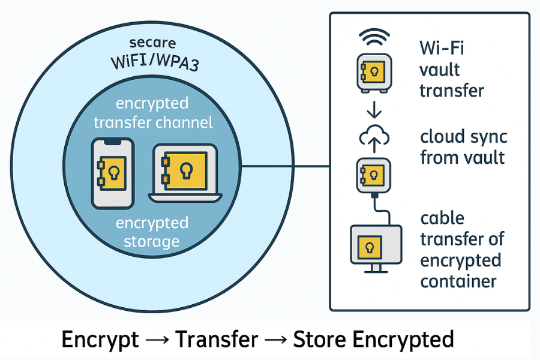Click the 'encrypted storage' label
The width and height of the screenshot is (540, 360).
(x=151, y=232)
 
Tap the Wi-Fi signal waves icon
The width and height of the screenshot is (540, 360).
(x=374, y=40)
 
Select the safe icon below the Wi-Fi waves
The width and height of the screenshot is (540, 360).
(x=374, y=73)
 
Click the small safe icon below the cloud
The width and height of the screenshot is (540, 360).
(x=374, y=175)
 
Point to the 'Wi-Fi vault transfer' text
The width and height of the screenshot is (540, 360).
(x=451, y=70)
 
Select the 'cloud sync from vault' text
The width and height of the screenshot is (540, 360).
(x=463, y=147)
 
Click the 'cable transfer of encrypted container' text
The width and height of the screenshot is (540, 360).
(x=460, y=250)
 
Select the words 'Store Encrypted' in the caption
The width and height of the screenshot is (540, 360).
(x=373, y=340)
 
